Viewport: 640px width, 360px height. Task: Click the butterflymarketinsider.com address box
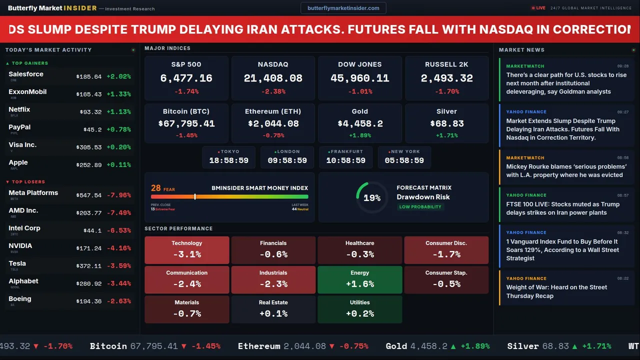(x=343, y=8)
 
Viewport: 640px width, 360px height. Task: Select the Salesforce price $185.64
(x=89, y=77)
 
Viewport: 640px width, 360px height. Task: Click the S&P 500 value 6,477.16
(x=186, y=78)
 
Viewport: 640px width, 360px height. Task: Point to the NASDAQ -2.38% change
(x=273, y=91)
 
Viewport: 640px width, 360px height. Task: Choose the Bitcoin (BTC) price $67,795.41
(x=186, y=123)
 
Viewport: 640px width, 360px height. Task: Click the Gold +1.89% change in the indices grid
(x=359, y=135)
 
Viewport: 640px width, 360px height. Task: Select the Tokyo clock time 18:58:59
(x=228, y=160)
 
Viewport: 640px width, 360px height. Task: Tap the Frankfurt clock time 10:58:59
(x=345, y=160)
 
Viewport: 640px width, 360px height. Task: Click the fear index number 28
(x=156, y=188)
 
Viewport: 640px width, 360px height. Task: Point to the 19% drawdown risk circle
(x=372, y=198)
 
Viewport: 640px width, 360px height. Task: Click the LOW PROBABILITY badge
(x=420, y=207)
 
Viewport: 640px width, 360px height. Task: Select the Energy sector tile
(x=360, y=279)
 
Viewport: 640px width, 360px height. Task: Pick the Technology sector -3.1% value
(x=187, y=254)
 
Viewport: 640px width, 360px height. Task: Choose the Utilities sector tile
(x=360, y=309)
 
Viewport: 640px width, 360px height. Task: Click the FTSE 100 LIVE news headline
(x=563, y=208)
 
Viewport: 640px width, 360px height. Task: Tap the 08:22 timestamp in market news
(x=622, y=278)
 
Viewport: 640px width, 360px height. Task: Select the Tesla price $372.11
(x=89, y=266)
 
